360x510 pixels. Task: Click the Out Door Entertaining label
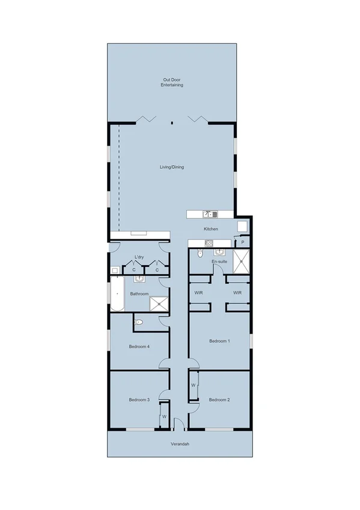point(172,82)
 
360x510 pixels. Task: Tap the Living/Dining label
point(172,167)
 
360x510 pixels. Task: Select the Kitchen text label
point(210,229)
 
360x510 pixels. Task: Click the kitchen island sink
point(208,214)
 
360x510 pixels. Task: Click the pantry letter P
point(243,242)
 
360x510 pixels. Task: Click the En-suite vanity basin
point(219,252)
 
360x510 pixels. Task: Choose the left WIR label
point(198,293)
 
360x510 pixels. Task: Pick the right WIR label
point(237,293)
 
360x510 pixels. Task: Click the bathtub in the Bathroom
point(116,295)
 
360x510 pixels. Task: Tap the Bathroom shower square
point(159,304)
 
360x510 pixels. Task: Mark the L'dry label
point(139,257)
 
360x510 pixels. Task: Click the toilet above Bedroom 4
point(139,323)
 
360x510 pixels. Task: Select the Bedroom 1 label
point(219,341)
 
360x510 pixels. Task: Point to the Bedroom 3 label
point(139,399)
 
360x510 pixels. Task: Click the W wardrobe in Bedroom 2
point(194,385)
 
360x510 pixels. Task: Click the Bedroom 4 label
point(139,346)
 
